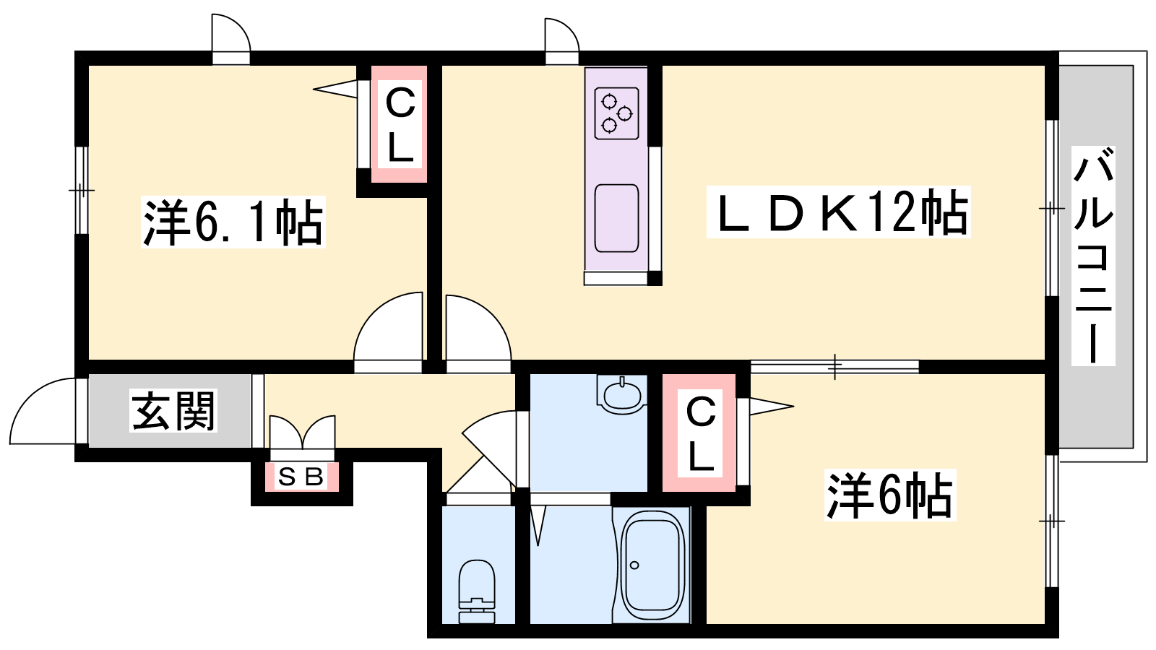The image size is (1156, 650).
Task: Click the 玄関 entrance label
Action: coord(173,411)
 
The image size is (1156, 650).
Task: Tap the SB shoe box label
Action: coord(301,477)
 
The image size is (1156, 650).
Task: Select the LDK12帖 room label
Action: coord(839,212)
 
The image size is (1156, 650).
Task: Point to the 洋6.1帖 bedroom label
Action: coord(233,222)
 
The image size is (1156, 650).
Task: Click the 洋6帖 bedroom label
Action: coord(889,495)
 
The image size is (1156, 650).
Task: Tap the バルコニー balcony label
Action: coord(1093,256)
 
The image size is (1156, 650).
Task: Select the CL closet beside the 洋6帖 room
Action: coord(699,433)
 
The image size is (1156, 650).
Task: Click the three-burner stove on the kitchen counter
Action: coord(617,113)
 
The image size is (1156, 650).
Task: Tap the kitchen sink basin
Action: coord(617,218)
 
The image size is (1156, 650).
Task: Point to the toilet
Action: coord(476,591)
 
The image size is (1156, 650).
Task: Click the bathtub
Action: coord(652,565)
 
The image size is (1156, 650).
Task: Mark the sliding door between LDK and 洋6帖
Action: coord(834,367)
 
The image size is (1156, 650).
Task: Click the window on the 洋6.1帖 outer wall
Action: coord(82,191)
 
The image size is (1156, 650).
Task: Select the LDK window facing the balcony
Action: coord(1052,208)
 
